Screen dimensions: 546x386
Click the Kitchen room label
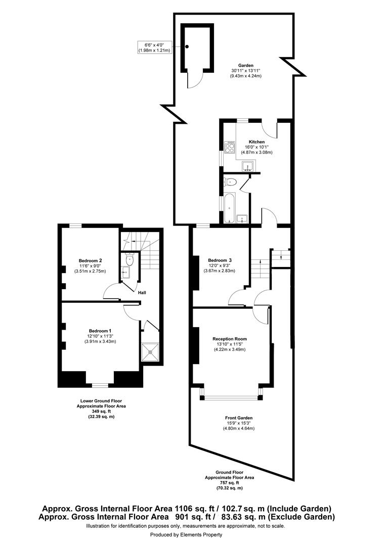point(256,142)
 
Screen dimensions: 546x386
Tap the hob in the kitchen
point(229,147)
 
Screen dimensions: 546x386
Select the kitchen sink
point(248,166)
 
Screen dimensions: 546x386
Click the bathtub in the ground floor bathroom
point(229,207)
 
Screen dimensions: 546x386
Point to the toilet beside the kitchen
point(232,181)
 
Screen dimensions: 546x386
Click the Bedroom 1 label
point(100,330)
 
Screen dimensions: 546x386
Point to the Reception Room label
point(230,339)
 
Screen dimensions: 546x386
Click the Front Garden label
point(238,418)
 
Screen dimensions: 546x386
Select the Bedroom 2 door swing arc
point(110,292)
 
